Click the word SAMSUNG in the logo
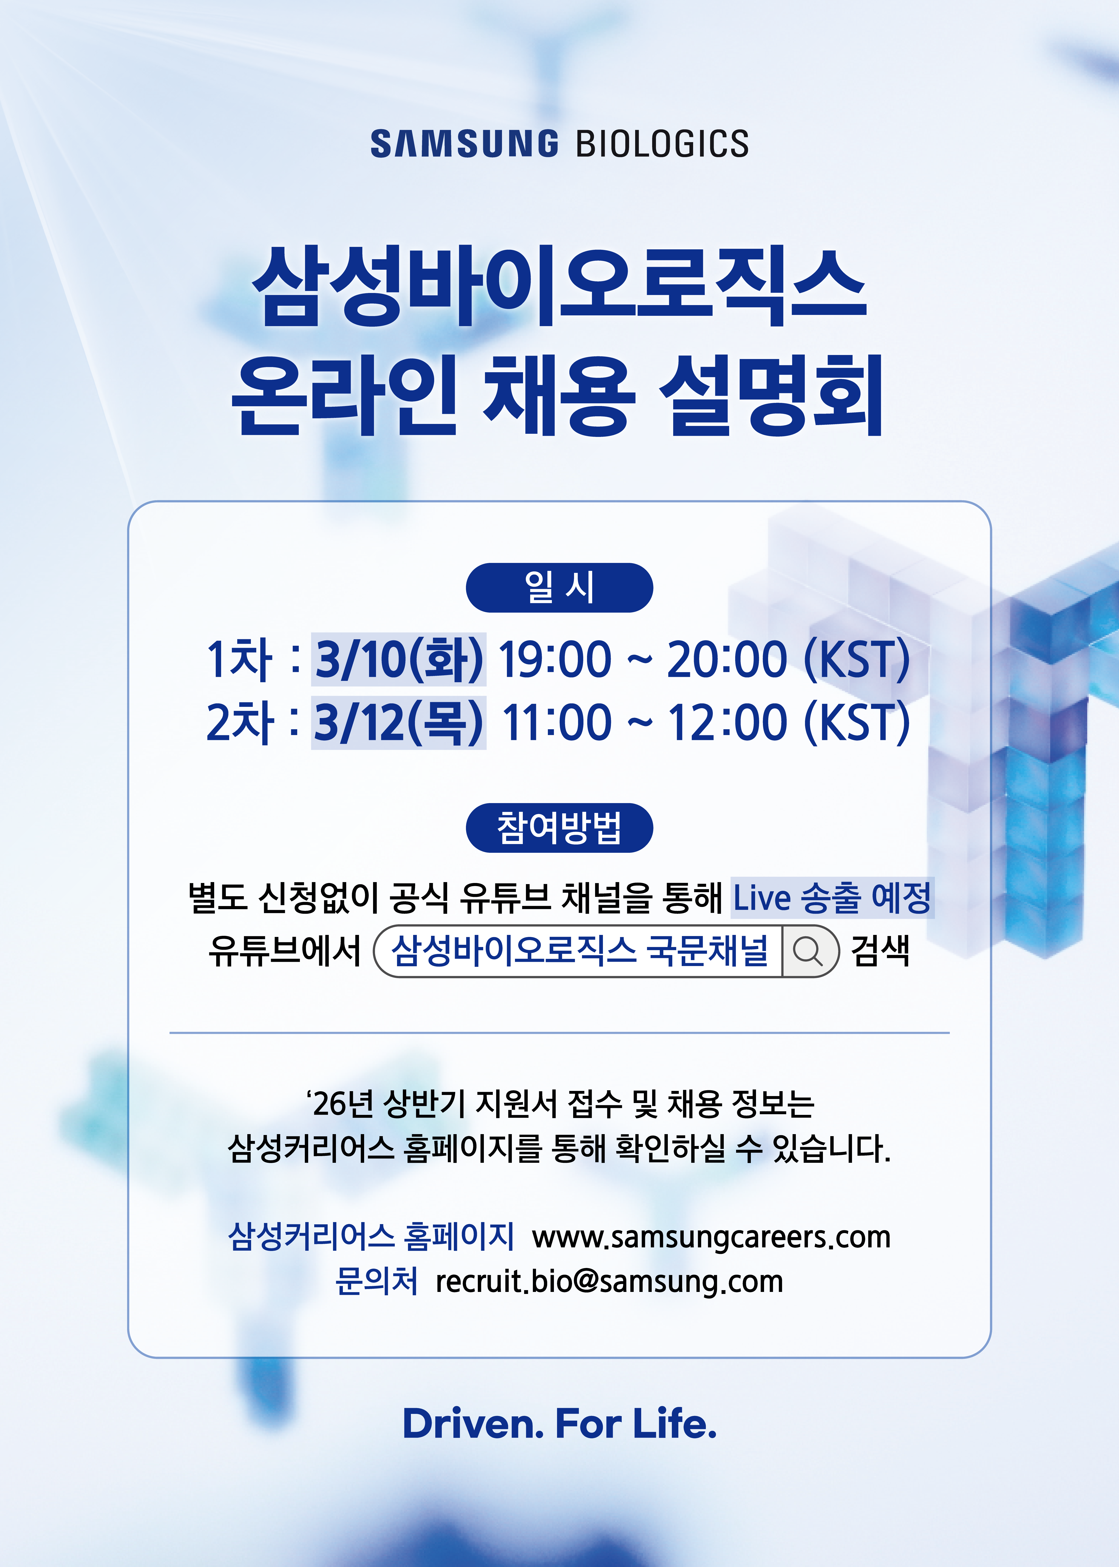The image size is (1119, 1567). click(x=464, y=144)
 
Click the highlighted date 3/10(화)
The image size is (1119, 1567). click(x=399, y=659)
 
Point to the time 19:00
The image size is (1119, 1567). click(x=555, y=659)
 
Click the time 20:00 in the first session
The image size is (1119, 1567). click(x=727, y=659)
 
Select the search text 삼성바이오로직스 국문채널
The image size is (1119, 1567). click(x=579, y=951)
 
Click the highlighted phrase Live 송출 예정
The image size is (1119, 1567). click(x=832, y=897)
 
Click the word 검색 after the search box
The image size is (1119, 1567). click(x=881, y=951)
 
